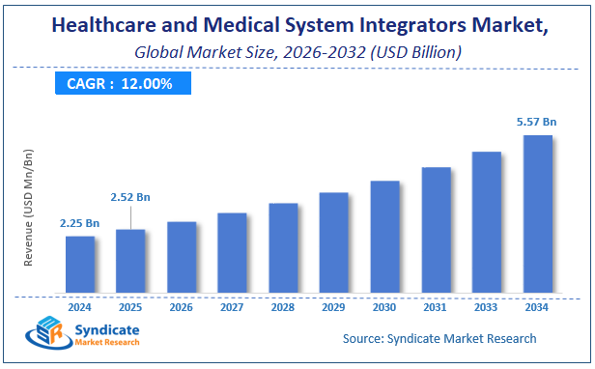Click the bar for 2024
[80, 265]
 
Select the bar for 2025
[130, 262]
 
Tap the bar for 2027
[232, 253]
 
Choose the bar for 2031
[436, 231]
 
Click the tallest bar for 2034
[538, 214]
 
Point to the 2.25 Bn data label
[79, 223]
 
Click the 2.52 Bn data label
[130, 198]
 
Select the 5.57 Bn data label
[537, 123]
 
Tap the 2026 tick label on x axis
[182, 307]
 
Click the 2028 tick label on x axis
[283, 307]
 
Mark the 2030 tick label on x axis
[384, 307]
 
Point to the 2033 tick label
[487, 307]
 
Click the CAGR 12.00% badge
[121, 84]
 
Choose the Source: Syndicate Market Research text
[439, 339]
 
